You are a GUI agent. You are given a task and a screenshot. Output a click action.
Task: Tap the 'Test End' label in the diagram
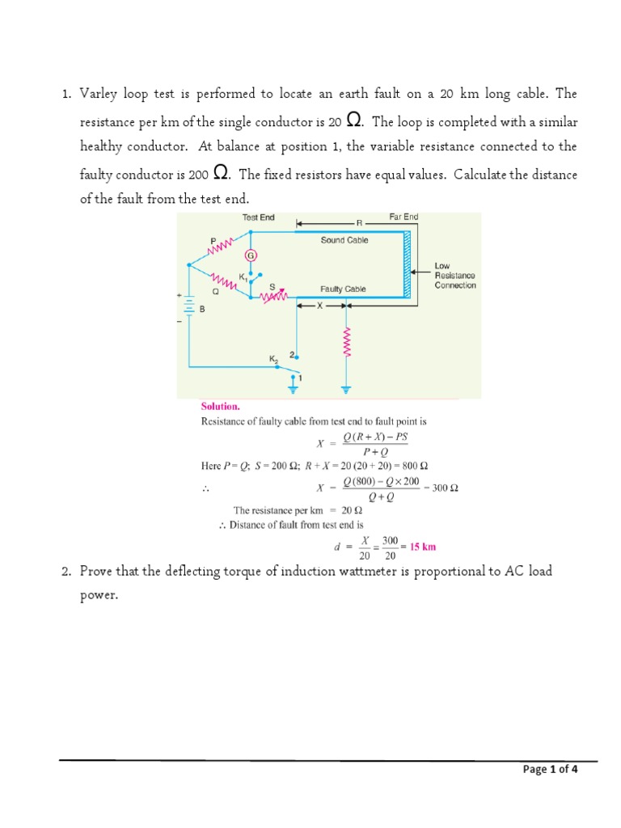(x=259, y=218)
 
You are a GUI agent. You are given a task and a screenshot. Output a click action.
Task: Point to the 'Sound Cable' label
(x=344, y=240)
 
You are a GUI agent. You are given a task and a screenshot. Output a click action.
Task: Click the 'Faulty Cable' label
(x=343, y=289)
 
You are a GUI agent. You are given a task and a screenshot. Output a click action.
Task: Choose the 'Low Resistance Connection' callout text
(x=455, y=275)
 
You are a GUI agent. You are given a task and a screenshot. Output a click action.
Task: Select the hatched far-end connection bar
(x=407, y=264)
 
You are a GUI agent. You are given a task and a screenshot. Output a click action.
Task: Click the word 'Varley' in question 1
(x=99, y=94)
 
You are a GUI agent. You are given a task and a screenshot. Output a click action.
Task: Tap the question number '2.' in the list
(x=68, y=572)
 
